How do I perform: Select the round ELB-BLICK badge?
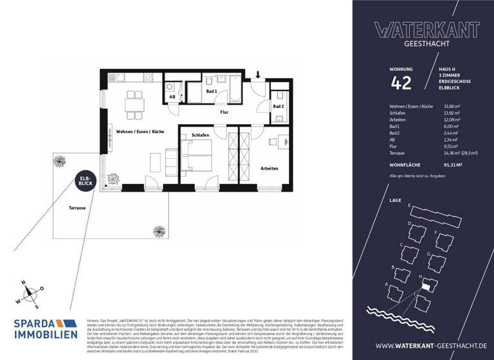tap(85, 181)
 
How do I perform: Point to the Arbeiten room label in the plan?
tap(269, 168)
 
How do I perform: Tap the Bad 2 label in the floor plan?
tap(278, 106)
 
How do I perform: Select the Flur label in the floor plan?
tap(224, 112)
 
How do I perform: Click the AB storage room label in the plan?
tap(172, 97)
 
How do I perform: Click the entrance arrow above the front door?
tap(258, 76)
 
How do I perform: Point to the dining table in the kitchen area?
tap(134, 102)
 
